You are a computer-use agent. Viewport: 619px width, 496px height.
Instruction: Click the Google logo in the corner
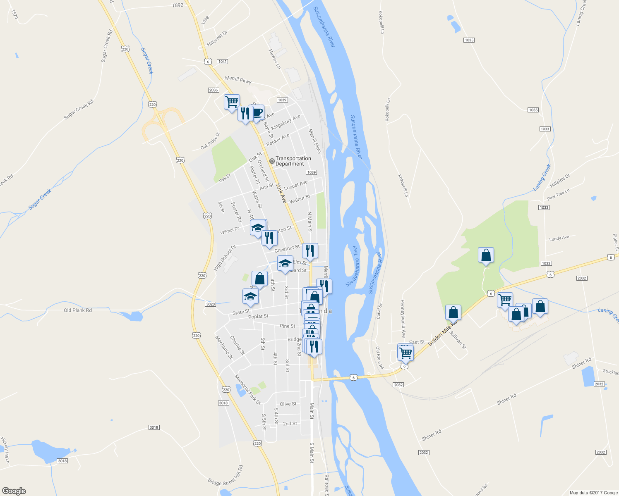pos(14,491)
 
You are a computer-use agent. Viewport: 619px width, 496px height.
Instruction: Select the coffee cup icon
pos(257,112)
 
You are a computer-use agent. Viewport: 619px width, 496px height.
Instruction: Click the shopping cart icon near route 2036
pos(232,101)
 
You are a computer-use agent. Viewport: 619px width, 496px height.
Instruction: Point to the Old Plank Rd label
pos(78,310)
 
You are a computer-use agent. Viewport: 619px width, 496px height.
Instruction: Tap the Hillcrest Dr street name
pos(217,38)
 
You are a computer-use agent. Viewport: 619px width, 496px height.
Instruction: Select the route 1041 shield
pos(222,62)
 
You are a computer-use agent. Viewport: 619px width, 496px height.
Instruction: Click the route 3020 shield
pos(210,304)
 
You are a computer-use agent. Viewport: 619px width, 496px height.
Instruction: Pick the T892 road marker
pos(177,5)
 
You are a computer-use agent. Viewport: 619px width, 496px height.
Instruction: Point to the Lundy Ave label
pos(559,238)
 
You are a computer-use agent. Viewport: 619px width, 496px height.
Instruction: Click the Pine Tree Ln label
pos(558,194)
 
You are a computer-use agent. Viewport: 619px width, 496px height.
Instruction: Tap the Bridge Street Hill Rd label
pos(226,476)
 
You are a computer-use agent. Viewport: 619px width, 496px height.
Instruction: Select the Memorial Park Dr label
pos(247,389)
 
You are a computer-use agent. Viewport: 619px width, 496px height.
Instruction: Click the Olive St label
pos(288,404)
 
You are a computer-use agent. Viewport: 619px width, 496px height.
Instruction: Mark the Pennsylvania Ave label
pos(403,319)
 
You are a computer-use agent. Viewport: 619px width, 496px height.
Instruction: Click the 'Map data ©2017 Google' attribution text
pos(593,493)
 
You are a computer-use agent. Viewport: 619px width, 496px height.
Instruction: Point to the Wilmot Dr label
pos(229,231)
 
